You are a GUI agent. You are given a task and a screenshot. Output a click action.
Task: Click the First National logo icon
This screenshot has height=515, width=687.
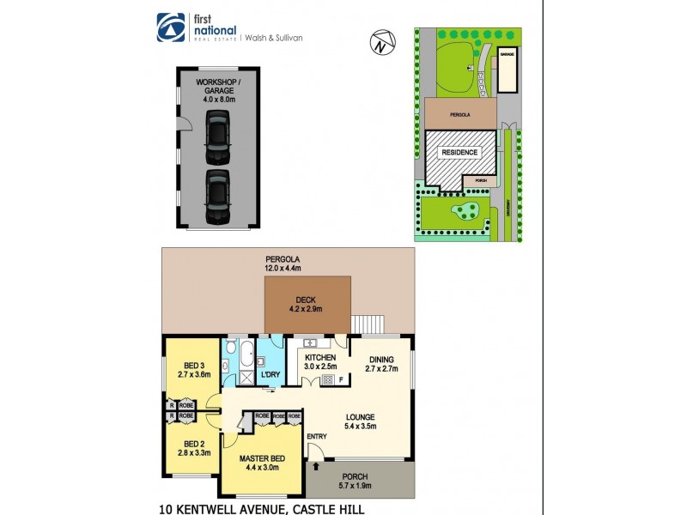(x=168, y=27)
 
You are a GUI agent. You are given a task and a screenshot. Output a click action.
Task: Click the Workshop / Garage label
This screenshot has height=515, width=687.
(x=218, y=90)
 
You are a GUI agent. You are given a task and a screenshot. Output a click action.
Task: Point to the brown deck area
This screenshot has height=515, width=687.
(x=307, y=305)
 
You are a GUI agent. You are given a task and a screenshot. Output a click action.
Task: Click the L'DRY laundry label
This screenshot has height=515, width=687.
(x=271, y=375)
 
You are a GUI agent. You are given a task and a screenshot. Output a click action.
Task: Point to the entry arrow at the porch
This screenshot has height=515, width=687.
(x=319, y=466)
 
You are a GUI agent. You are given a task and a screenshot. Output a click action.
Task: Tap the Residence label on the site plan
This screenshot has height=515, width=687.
(x=459, y=153)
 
